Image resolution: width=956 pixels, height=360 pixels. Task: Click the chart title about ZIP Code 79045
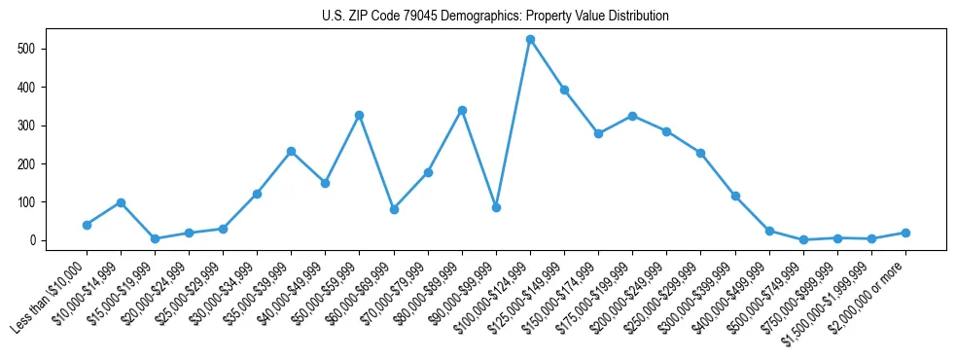(495, 17)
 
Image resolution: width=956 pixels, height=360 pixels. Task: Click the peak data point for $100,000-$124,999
(530, 40)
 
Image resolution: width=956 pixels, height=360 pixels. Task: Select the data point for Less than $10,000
(87, 225)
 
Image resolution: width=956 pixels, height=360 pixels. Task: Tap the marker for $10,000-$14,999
(121, 202)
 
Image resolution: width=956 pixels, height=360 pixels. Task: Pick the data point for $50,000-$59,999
(359, 115)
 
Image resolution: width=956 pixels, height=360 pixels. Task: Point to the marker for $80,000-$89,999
(462, 110)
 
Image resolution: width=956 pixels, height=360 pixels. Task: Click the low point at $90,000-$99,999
(496, 207)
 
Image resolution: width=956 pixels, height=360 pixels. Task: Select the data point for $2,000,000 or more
(905, 233)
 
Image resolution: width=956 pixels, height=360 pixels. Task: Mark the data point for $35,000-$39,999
(291, 152)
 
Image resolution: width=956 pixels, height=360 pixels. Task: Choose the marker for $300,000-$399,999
(735, 196)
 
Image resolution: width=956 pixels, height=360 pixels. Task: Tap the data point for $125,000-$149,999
(564, 90)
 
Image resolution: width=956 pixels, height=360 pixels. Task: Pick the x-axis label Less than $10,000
(53, 298)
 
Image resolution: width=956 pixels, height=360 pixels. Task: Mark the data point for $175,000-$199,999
(632, 116)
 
